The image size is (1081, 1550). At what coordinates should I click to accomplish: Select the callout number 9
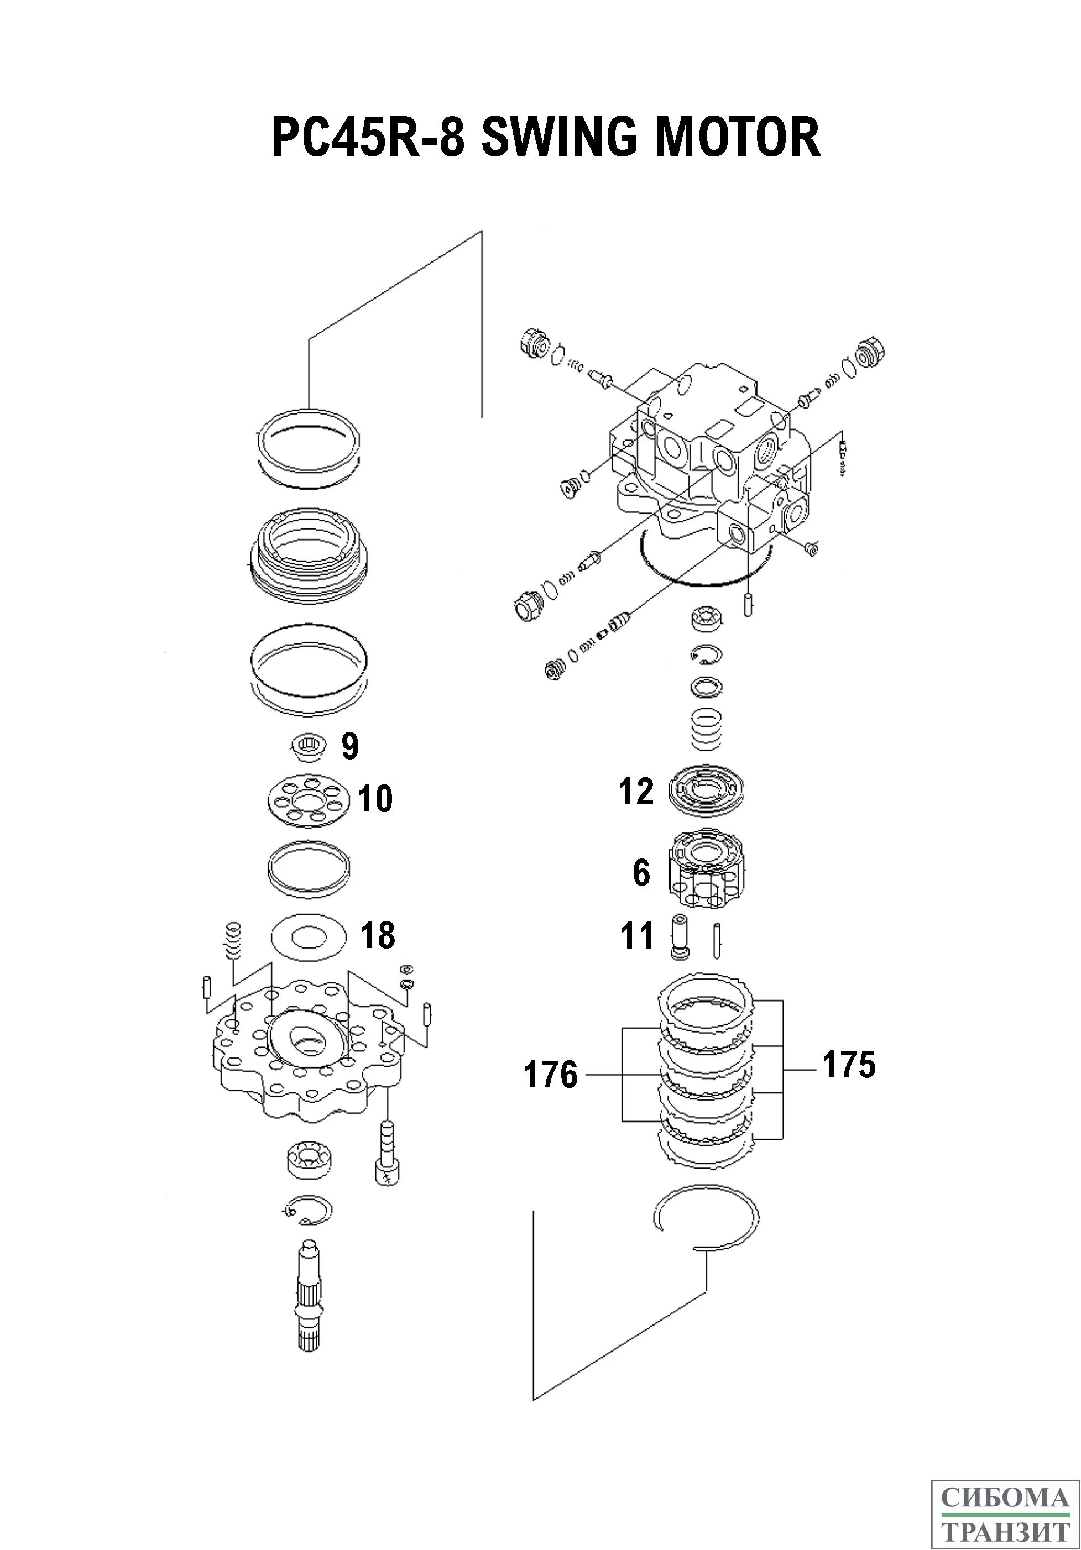[x=350, y=747]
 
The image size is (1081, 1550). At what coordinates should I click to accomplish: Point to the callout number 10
[x=375, y=799]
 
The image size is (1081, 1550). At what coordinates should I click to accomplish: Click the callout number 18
[x=378, y=936]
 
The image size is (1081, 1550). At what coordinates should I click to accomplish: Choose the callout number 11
[x=637, y=936]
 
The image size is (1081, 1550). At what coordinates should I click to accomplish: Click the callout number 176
[x=551, y=1075]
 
